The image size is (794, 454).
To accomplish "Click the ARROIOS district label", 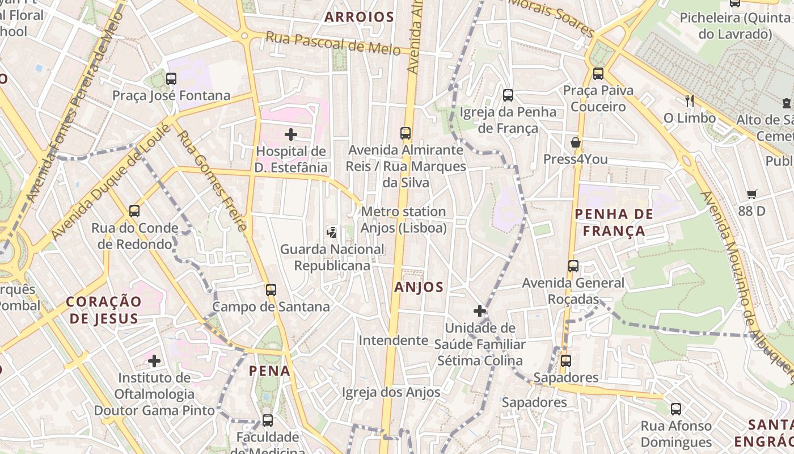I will click(359, 17).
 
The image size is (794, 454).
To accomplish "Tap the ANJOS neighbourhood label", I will click(419, 287).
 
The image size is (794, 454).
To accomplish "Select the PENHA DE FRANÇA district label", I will click(610, 222).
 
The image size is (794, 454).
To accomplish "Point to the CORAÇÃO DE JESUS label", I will click(103, 310).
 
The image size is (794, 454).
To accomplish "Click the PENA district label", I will click(270, 371).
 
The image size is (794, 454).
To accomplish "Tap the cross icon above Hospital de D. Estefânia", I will click(291, 134).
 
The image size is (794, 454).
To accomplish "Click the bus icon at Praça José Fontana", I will click(171, 79).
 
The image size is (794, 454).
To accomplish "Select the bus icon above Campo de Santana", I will click(271, 290).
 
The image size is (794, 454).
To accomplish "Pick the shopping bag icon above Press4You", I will click(576, 142).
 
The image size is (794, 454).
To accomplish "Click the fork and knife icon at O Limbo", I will click(690, 101).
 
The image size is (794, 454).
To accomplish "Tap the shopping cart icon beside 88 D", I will click(752, 195).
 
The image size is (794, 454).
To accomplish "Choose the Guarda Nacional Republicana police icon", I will click(332, 232).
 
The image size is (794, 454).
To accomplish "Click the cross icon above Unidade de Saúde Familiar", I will click(480, 311).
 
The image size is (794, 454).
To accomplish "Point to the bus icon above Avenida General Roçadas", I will click(573, 266).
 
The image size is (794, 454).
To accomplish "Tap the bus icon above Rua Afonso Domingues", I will click(675, 409).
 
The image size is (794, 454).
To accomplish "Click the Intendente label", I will click(393, 340).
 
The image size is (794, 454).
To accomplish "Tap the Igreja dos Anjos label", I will click(391, 393).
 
